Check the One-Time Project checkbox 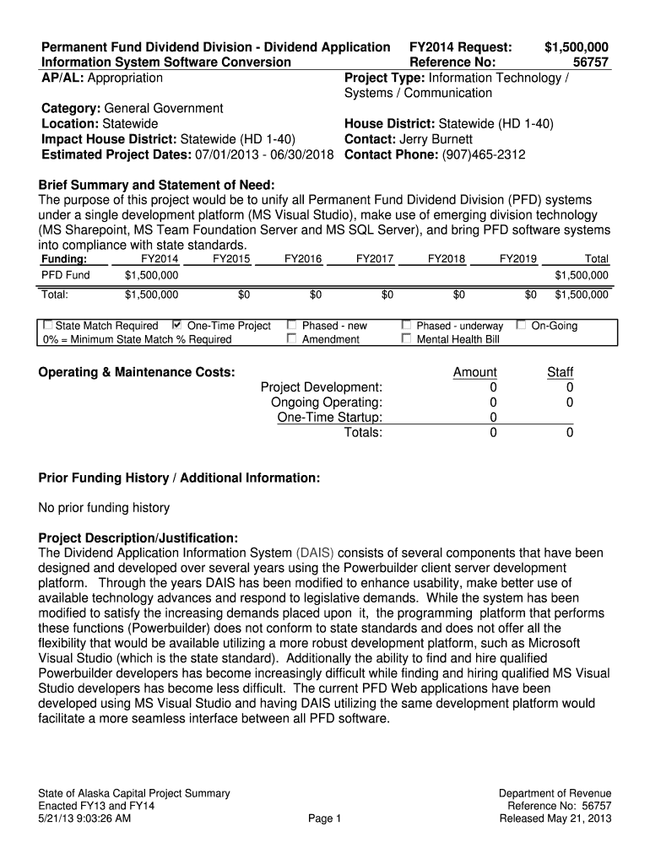click(176, 325)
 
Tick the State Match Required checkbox click(47, 325)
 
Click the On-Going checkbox click(521, 325)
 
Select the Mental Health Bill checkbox click(406, 339)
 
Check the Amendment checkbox click(292, 339)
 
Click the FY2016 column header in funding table click(303, 260)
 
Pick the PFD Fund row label click(66, 275)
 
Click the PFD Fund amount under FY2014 click(151, 275)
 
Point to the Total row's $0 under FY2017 click(387, 295)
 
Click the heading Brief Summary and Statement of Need click(157, 186)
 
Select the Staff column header click(560, 372)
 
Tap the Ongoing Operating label click(327, 402)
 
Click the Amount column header click(475, 372)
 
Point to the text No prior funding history click(104, 508)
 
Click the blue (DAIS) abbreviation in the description click(315, 553)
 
